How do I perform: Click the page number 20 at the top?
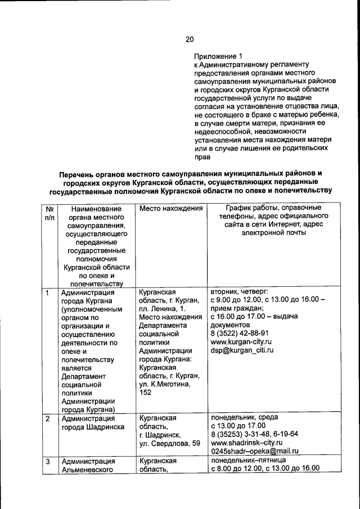pos(190,39)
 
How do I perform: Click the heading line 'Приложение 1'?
pos(218,56)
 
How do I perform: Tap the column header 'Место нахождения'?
pos(170,209)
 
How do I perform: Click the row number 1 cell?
pos(48,293)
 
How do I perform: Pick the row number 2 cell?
pos(48,418)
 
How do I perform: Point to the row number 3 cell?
pos(48,462)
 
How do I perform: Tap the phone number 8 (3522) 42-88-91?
pos(239,332)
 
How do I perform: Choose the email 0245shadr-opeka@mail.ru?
pos(254,451)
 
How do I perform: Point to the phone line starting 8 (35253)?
pos(254,434)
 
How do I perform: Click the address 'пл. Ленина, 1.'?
pos(162,309)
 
